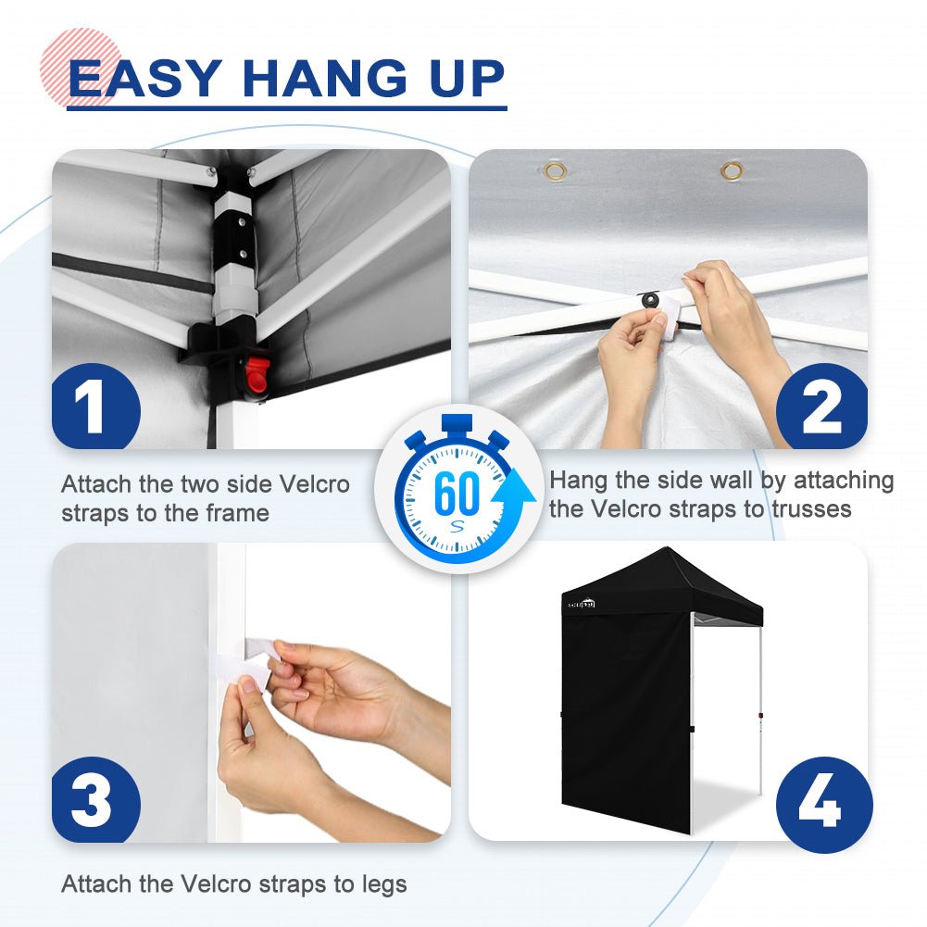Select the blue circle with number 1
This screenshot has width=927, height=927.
(x=95, y=407)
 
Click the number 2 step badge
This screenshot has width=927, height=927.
(x=821, y=407)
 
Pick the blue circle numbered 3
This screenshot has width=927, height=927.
(x=95, y=800)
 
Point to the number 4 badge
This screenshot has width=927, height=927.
(x=823, y=805)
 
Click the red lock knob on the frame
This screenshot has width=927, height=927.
(x=257, y=374)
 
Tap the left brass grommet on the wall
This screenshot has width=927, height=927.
(x=555, y=171)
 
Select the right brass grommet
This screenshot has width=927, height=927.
(x=732, y=170)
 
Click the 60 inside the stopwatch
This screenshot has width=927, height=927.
(x=456, y=492)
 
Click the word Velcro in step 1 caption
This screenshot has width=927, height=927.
(x=314, y=484)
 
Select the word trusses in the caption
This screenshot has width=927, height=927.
(x=812, y=509)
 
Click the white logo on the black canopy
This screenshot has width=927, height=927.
(x=582, y=604)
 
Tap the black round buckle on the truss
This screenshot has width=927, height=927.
(x=651, y=300)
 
